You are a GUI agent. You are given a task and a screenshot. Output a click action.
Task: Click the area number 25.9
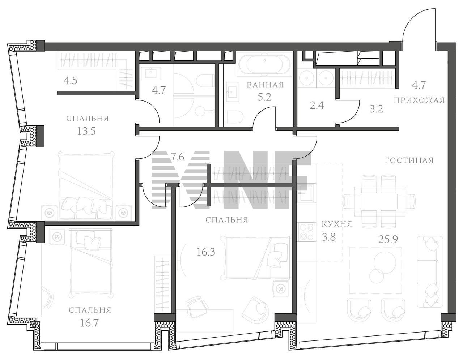[388, 240]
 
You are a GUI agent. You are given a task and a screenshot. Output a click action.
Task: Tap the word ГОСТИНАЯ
[409, 160]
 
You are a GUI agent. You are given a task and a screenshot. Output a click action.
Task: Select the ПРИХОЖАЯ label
[419, 100]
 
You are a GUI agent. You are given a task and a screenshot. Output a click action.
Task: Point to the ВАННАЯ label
[266, 85]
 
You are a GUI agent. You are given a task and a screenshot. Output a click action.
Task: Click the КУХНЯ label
[337, 224]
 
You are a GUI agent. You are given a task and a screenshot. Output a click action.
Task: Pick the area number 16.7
[89, 323]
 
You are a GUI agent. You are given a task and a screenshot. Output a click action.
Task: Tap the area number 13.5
[86, 131]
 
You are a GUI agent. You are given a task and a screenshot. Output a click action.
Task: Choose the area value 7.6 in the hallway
[177, 158]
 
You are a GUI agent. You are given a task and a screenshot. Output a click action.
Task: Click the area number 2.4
[317, 106]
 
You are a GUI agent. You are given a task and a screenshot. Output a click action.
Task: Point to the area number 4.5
[70, 81]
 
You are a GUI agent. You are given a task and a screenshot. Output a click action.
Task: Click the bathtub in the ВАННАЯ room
[264, 64]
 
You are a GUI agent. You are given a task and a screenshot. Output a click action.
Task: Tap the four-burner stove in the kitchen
[306, 232]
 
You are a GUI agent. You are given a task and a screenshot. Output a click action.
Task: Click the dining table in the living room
[379, 201]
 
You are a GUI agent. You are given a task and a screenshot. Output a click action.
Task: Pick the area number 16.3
[206, 252]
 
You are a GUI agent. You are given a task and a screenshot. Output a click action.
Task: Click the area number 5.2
[264, 97]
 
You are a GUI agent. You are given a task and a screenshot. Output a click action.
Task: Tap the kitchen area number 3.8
[329, 237]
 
